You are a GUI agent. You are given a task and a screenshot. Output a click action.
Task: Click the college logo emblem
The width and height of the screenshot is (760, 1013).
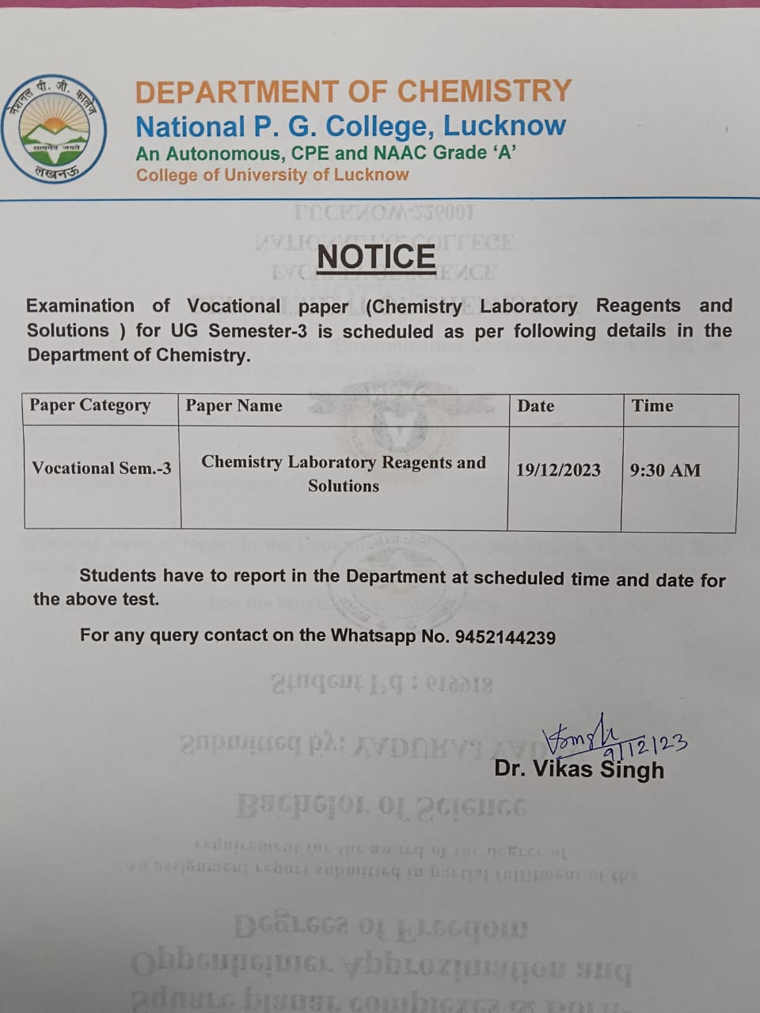(x=54, y=128)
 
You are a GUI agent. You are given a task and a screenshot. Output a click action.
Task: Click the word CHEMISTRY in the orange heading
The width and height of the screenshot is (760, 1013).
(x=484, y=91)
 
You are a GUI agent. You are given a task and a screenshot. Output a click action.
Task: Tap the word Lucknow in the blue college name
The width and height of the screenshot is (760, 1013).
(x=504, y=125)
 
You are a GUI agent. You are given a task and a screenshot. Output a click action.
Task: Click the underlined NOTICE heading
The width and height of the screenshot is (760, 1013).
(x=376, y=256)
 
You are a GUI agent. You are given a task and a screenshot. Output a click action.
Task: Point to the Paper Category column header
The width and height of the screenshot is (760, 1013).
(x=90, y=405)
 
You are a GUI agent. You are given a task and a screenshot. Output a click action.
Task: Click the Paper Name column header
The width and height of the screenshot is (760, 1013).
(x=234, y=406)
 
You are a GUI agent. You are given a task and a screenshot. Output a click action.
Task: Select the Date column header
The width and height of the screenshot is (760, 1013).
(x=536, y=406)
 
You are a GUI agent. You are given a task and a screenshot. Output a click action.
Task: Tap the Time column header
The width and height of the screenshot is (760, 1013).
(x=652, y=406)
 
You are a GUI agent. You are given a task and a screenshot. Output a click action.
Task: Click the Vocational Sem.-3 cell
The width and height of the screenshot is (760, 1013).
(x=101, y=468)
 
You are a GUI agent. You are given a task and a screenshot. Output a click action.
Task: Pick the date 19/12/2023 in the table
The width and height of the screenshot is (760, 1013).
(x=558, y=470)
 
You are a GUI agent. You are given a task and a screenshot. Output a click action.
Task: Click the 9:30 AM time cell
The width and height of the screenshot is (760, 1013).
(x=665, y=470)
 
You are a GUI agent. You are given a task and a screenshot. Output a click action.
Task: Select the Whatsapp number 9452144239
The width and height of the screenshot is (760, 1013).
(x=505, y=637)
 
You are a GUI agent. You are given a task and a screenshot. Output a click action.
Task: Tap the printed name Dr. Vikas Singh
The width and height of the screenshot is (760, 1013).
(x=579, y=768)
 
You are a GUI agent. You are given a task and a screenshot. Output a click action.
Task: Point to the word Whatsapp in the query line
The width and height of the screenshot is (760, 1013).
(x=373, y=635)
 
